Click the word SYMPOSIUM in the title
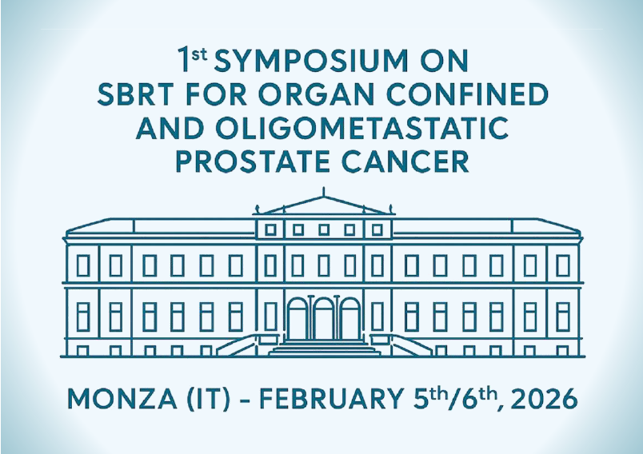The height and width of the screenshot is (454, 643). (x=311, y=61)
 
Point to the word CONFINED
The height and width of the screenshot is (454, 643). (x=468, y=94)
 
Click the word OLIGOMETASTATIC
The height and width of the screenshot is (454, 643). (x=362, y=128)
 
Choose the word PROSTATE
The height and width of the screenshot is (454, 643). (x=253, y=161)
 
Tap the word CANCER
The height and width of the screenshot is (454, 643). (x=405, y=161)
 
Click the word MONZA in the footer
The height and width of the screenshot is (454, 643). (x=122, y=399)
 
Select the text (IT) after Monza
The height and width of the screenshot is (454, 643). (x=208, y=399)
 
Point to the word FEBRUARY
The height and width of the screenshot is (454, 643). (x=331, y=399)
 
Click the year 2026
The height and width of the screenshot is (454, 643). (x=545, y=399)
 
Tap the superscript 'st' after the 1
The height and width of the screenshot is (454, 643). (x=200, y=54)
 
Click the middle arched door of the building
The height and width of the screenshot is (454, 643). (x=324, y=318)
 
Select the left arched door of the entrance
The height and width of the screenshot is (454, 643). (x=298, y=318)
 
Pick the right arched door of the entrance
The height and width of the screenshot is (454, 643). (x=349, y=318)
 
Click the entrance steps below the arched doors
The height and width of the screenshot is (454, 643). (x=324, y=348)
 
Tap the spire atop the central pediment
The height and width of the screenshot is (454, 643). (x=324, y=192)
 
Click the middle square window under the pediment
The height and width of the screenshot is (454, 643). (x=324, y=229)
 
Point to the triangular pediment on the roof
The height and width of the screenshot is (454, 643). (x=324, y=205)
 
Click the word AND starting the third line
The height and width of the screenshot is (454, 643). (x=170, y=128)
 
